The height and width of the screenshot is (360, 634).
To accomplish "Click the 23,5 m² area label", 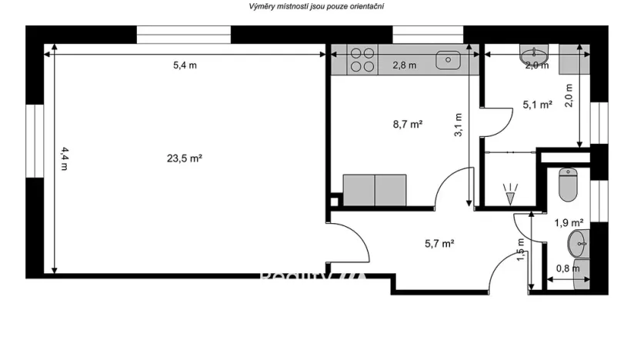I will (184, 158).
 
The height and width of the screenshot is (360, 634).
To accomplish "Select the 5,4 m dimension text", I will (185, 65).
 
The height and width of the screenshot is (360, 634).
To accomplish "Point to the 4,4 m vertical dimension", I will (64, 158).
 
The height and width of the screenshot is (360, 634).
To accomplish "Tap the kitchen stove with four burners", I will (363, 60).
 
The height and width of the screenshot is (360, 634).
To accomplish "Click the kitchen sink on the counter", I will (447, 59).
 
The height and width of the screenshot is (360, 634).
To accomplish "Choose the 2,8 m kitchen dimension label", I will (404, 65).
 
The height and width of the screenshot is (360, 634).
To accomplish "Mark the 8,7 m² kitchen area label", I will (408, 122).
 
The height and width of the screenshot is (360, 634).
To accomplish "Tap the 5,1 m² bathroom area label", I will (538, 105).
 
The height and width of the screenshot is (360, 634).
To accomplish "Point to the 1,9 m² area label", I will (569, 223).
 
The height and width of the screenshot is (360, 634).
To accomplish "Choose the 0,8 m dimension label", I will (568, 268).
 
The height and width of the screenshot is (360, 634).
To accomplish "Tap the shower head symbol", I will (508, 192).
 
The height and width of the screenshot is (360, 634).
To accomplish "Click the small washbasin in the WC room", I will (578, 245).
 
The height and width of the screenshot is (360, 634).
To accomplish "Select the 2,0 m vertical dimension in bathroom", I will (569, 97).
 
